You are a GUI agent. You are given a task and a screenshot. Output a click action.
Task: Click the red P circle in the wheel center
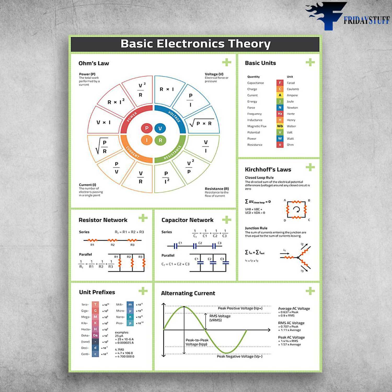[147, 128]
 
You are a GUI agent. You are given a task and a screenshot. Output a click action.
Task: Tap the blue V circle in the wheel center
[160, 128]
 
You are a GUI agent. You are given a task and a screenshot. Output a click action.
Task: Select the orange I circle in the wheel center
[147, 140]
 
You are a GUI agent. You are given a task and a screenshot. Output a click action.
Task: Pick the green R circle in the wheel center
[160, 140]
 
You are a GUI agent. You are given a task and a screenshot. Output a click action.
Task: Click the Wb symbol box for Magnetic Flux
[280, 126]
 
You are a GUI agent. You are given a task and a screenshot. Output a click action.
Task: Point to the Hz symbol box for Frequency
[280, 114]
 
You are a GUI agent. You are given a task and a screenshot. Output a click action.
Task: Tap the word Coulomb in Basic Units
[293, 89]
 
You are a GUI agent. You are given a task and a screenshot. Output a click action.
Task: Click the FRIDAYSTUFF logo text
[366, 20]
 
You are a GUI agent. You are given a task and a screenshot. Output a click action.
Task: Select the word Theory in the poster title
[249, 44]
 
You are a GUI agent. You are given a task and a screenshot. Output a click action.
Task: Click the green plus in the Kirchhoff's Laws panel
[310, 167]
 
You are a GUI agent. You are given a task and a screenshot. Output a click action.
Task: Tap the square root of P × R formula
[201, 123]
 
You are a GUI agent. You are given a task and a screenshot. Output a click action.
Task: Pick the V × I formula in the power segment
[103, 122]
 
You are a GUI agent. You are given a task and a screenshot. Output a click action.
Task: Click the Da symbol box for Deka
[95, 335]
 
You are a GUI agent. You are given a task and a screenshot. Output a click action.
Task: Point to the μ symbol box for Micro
[130, 311]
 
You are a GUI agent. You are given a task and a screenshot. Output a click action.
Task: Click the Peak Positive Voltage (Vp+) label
[240, 308]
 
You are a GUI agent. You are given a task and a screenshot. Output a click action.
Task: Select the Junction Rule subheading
[256, 228]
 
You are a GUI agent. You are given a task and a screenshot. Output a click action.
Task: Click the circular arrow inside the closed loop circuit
[296, 209]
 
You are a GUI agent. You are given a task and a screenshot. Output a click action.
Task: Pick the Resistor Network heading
[103, 220]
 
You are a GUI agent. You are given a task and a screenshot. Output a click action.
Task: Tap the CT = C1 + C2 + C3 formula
[175, 264]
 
